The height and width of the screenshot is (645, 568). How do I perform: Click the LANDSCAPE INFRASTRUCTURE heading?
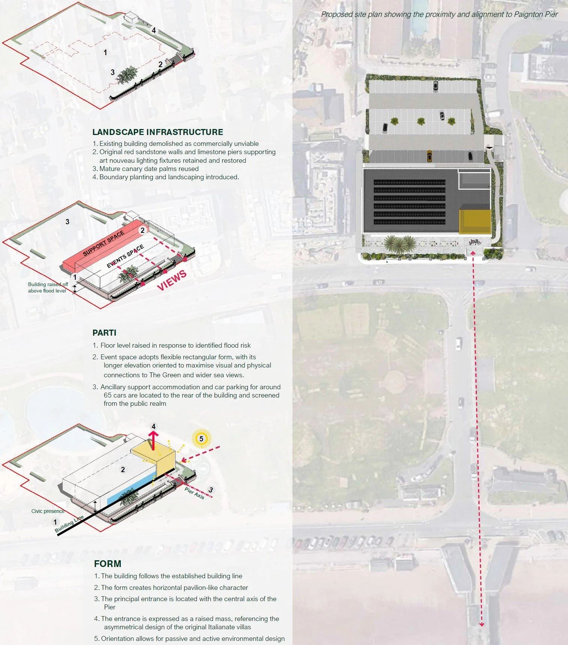tap(157, 132)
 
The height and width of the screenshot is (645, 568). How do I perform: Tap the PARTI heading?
tap(104, 333)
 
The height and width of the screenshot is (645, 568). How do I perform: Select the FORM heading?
tap(108, 564)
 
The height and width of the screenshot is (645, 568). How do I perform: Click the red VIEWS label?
tap(172, 280)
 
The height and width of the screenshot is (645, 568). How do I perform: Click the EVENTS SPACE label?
tap(125, 256)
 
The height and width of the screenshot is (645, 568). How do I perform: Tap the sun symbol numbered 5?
tap(201, 439)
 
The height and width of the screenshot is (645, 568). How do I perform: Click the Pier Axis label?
tap(194, 493)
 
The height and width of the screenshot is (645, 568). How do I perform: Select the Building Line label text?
tap(69, 524)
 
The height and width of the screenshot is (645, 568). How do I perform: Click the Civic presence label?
tap(48, 511)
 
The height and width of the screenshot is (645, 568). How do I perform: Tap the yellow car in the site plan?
tap(429, 156)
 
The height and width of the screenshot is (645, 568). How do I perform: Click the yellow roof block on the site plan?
tap(475, 222)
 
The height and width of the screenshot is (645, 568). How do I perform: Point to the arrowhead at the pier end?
tap(482, 624)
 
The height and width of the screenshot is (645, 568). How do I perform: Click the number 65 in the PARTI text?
tap(108, 395)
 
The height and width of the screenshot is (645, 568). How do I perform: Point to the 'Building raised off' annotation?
tap(48, 284)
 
